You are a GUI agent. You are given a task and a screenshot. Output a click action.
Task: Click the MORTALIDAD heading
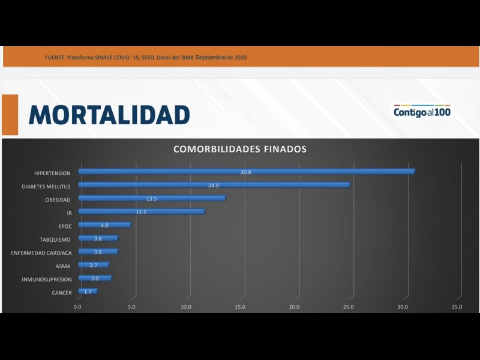(x=109, y=114)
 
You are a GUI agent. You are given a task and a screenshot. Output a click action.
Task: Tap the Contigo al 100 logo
(x=422, y=112)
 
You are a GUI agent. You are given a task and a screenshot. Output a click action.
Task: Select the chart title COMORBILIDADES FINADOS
(x=240, y=149)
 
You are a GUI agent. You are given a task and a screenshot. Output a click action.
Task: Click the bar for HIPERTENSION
(x=246, y=172)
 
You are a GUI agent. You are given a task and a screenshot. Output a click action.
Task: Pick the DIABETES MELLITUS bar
(x=214, y=185)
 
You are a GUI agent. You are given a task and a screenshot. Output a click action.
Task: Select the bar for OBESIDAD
(x=152, y=199)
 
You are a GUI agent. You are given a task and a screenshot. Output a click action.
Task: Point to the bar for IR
(x=141, y=212)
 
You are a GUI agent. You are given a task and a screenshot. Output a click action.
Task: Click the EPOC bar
(x=104, y=226)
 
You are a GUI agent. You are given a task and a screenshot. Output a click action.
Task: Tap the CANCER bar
(x=88, y=292)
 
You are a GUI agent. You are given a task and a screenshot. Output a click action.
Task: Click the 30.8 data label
(x=245, y=172)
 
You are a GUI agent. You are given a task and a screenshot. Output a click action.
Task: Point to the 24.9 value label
(x=214, y=185)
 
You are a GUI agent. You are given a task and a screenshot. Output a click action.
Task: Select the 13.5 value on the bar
(x=152, y=199)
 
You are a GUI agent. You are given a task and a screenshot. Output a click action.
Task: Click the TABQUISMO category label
(x=56, y=239)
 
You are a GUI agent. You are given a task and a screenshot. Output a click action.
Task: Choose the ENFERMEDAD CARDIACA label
(x=41, y=253)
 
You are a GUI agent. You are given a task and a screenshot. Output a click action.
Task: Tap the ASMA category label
(x=64, y=266)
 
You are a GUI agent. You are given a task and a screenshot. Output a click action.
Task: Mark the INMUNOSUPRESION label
(x=47, y=280)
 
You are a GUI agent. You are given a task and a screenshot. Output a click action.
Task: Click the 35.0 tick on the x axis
(x=457, y=307)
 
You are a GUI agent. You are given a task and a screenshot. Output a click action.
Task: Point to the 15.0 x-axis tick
(x=240, y=307)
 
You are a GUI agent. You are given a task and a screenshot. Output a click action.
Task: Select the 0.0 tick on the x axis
(x=77, y=307)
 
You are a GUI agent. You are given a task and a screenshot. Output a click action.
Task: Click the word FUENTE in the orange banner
(x=55, y=58)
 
